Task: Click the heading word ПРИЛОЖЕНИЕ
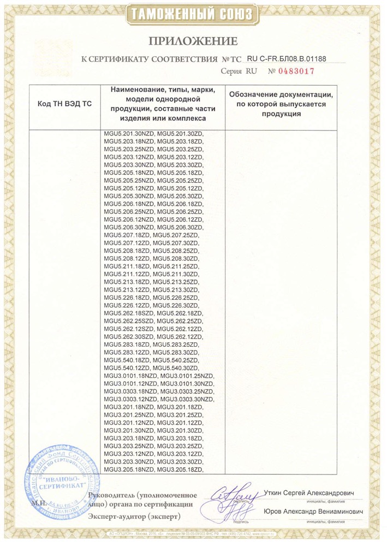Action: pos(193,41)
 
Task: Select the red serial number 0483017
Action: pos(297,72)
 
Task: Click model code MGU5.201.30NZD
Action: pos(128,134)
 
